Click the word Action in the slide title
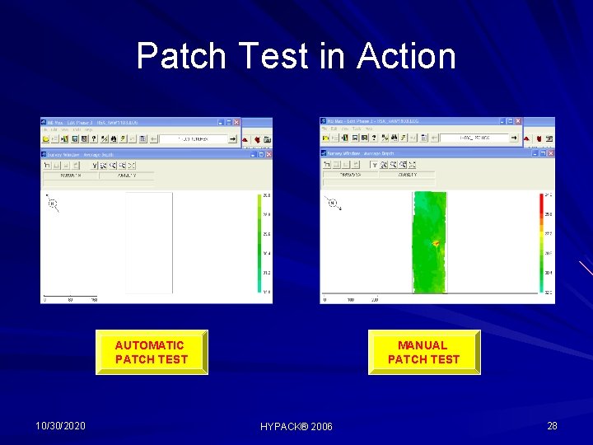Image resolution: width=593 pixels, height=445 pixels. (x=406, y=56)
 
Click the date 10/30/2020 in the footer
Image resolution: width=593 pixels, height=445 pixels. (x=61, y=425)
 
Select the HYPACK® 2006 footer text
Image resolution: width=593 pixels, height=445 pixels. (x=296, y=426)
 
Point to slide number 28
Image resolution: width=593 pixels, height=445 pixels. (x=552, y=425)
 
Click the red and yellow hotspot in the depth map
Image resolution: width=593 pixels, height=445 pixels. (x=436, y=244)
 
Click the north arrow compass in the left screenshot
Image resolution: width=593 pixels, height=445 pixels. (x=53, y=204)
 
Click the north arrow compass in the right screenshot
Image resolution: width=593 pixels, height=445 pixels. (x=332, y=204)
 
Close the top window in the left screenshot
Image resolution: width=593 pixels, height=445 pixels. (x=236, y=123)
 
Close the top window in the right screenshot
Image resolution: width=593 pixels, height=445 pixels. (x=516, y=122)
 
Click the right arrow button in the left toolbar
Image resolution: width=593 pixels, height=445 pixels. (x=232, y=139)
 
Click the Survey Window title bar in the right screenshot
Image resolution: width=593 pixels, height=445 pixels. (x=412, y=153)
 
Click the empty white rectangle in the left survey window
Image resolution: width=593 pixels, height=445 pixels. (x=148, y=243)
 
